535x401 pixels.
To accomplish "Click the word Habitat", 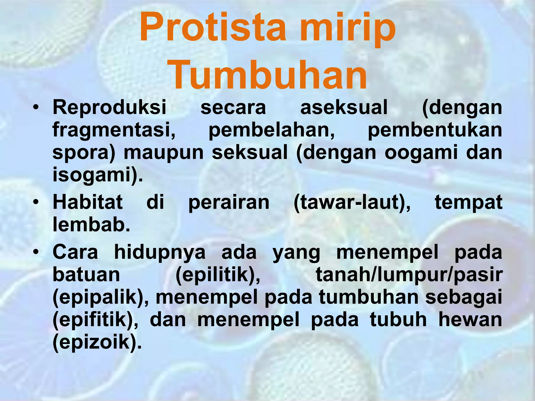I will pyautogui.click(x=88, y=202).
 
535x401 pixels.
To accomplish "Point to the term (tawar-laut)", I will pyautogui.click(x=352, y=203).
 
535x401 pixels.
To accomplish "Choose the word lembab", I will pyautogui.click(x=91, y=225).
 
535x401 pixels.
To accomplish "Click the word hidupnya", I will pyautogui.click(x=160, y=252).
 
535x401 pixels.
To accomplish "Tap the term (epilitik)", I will pyautogui.click(x=218, y=275).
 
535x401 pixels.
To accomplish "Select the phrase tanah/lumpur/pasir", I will pyautogui.click(x=409, y=275).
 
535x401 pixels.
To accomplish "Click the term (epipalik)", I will pyautogui.click(x=101, y=298).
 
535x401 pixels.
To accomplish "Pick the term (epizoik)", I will pyautogui.click(x=97, y=343).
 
